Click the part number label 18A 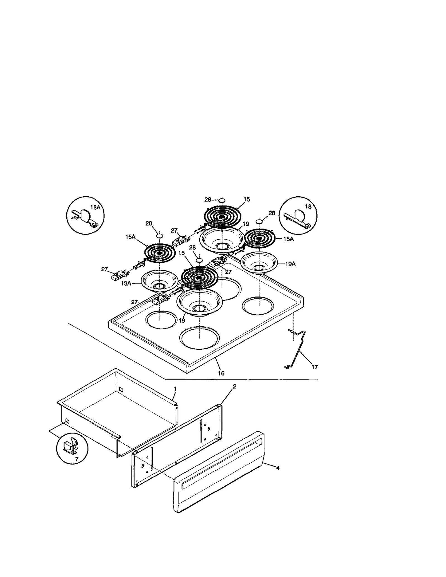tap(95, 207)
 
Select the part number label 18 tap(308, 206)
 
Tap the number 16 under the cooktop tap(221, 373)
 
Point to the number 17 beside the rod tap(314, 367)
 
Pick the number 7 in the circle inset tap(77, 459)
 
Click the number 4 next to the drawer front tap(278, 468)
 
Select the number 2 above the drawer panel tap(234, 386)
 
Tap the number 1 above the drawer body tap(175, 389)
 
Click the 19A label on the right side tap(290, 264)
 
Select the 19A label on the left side tap(126, 283)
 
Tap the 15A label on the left tap(130, 237)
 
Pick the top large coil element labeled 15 tap(222, 217)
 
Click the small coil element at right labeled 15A tap(260, 238)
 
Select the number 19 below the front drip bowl tap(182, 321)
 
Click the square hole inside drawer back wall tap(121, 389)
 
